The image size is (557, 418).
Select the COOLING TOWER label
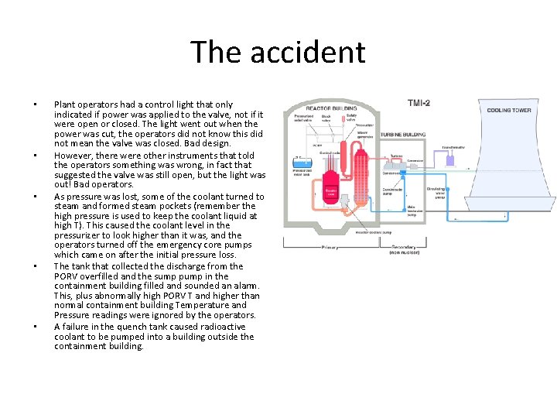[x=508, y=111]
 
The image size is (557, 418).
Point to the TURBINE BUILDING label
[x=402, y=134]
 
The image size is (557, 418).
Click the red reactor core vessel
[x=330, y=190]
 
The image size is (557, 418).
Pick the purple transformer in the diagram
[x=447, y=159]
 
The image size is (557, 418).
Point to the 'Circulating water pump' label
[x=438, y=194]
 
